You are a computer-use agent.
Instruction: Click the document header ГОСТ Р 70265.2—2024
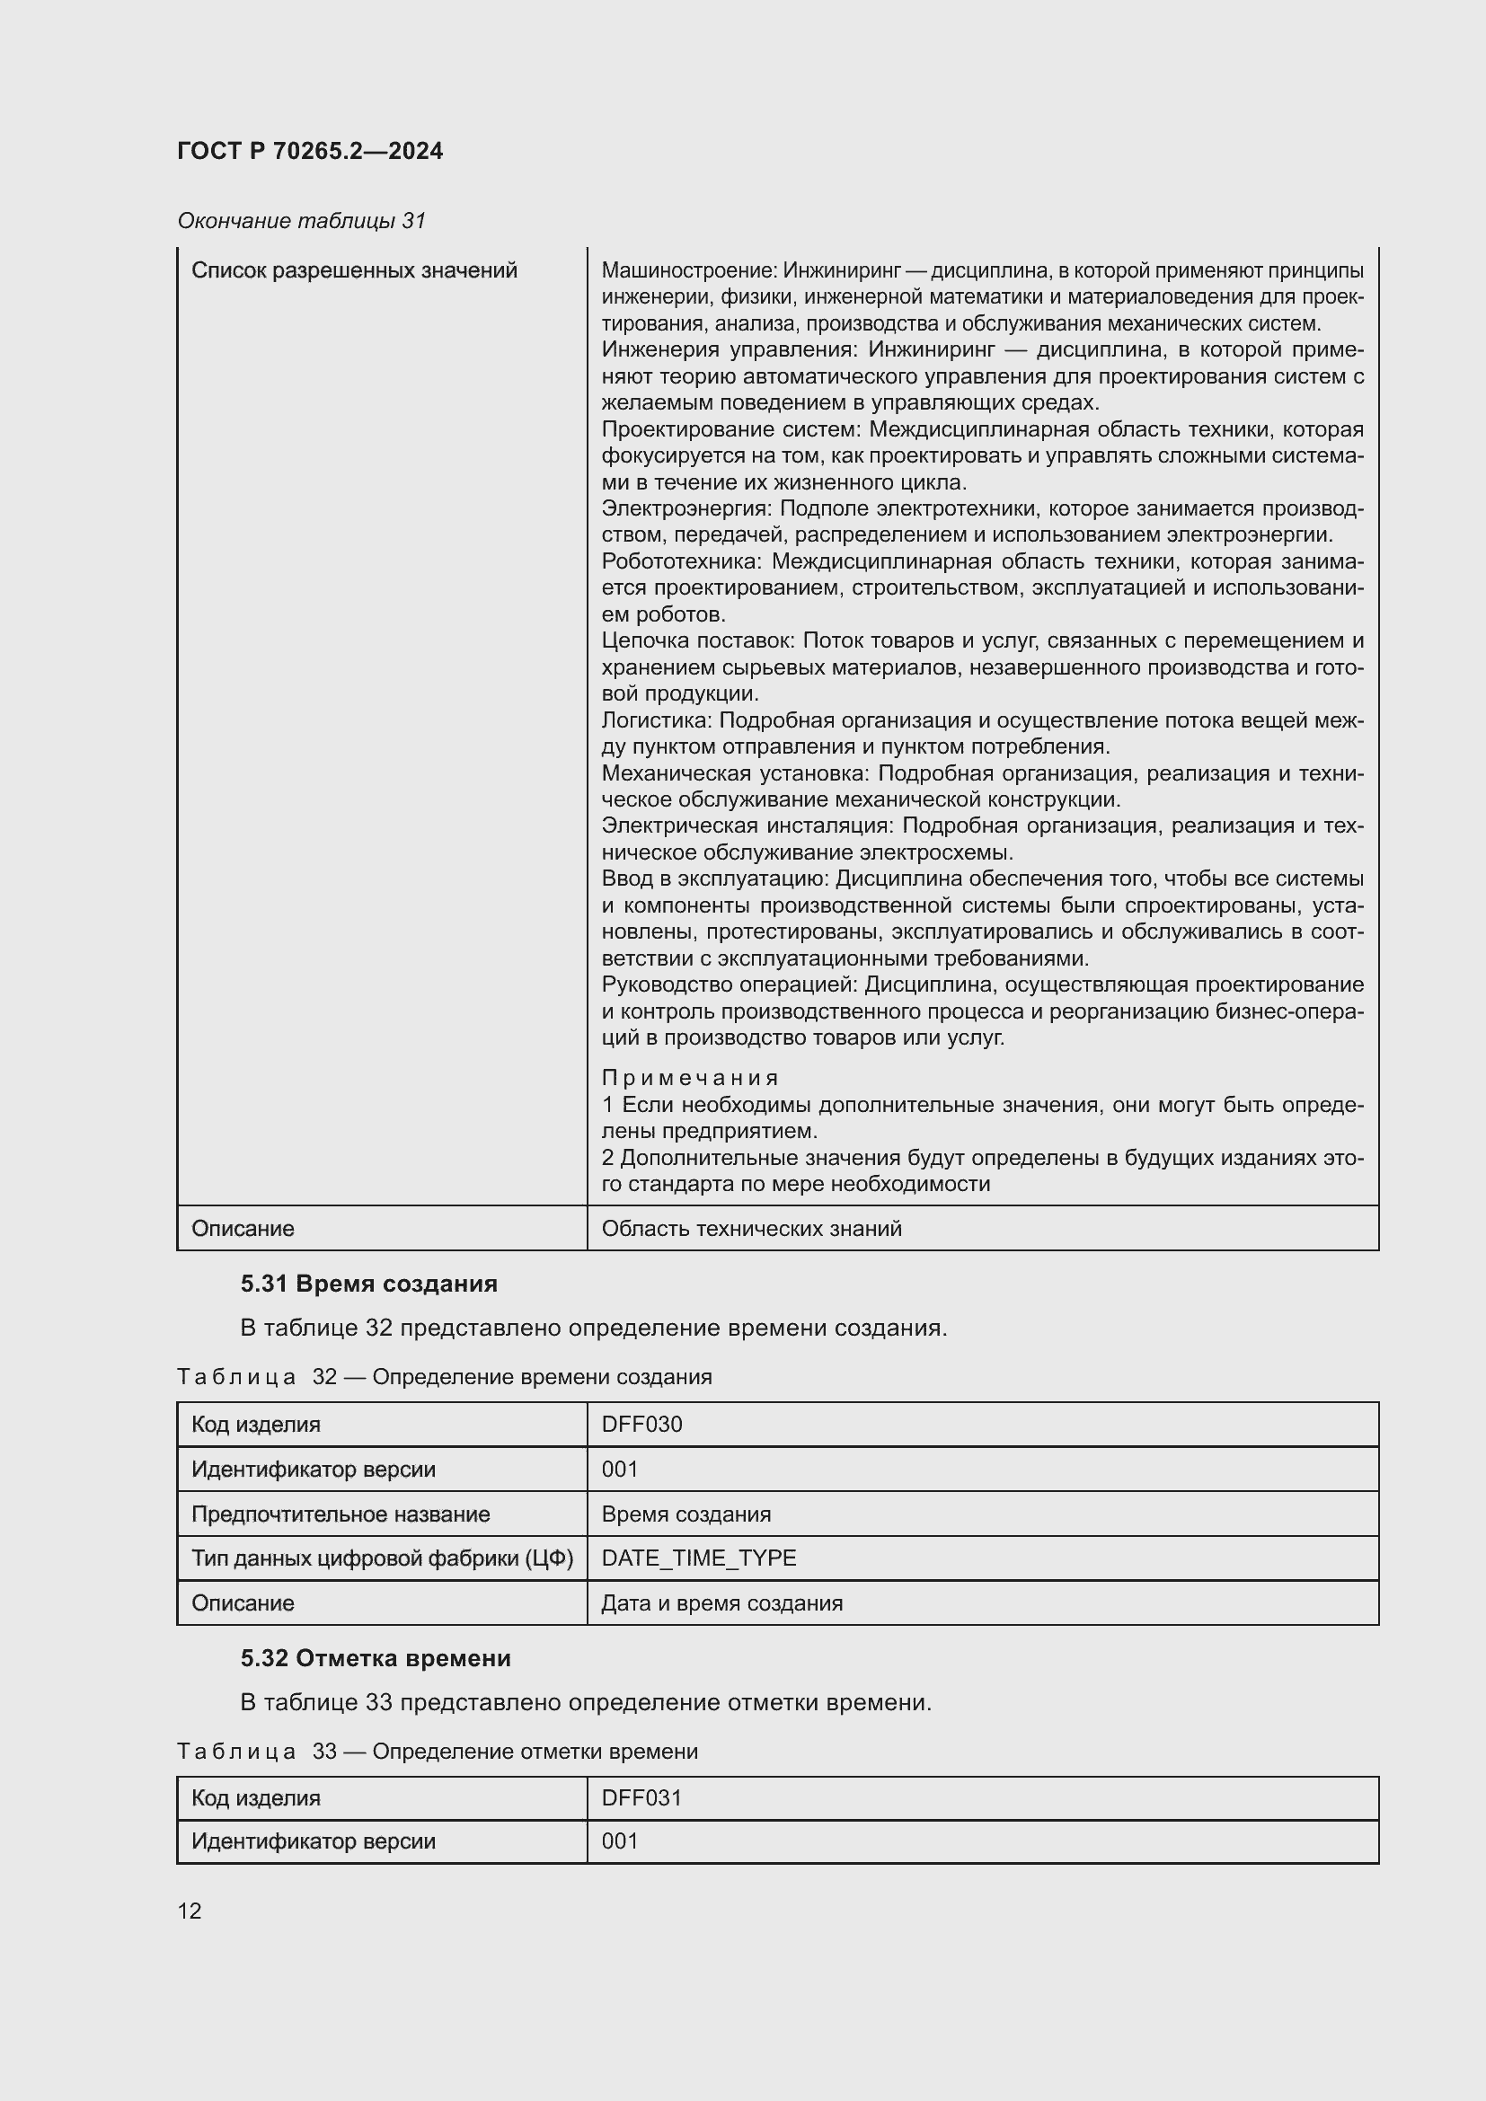click(x=309, y=151)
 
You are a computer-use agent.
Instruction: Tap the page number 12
click(x=190, y=1911)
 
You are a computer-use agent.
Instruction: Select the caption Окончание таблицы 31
click(x=301, y=221)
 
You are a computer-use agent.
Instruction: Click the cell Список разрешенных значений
click(x=354, y=271)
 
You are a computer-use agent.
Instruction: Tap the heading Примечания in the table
click(x=690, y=1078)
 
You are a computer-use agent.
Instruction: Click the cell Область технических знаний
click(x=751, y=1228)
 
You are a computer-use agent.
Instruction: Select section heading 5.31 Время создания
click(x=368, y=1284)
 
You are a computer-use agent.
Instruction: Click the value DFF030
click(x=641, y=1424)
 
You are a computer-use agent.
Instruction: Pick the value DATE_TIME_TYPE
click(x=699, y=1558)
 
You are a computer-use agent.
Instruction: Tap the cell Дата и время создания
click(x=722, y=1602)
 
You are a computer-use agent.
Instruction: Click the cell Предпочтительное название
click(x=341, y=1514)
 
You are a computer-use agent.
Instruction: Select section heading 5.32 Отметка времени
click(x=376, y=1658)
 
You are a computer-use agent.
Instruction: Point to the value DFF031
click(x=641, y=1798)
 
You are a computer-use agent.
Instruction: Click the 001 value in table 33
click(x=620, y=1841)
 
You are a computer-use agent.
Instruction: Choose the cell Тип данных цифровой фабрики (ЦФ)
click(x=382, y=1558)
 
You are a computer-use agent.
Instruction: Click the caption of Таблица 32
click(x=444, y=1376)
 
